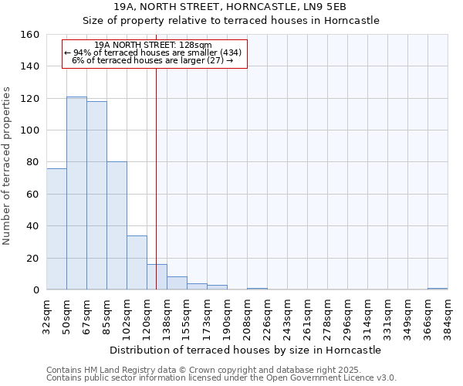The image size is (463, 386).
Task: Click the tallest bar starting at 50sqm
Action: click(x=76, y=193)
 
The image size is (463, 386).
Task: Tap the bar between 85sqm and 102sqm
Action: click(x=117, y=225)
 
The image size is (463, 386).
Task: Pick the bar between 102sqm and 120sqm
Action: click(x=137, y=262)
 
